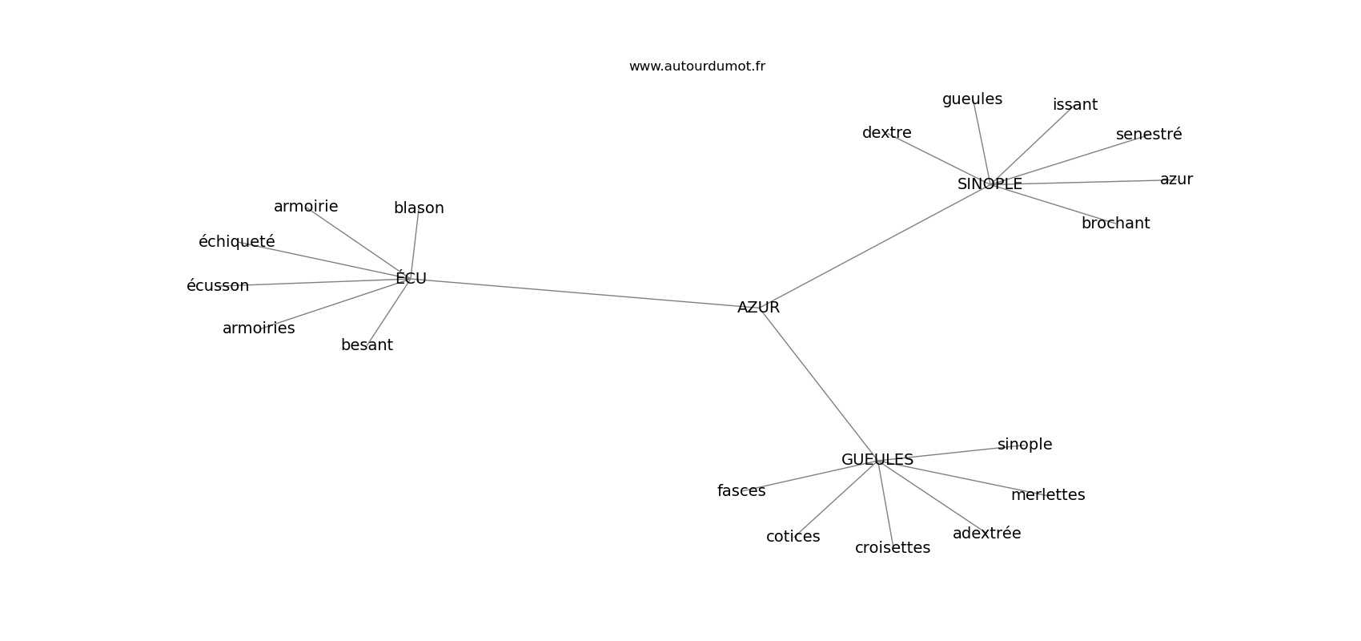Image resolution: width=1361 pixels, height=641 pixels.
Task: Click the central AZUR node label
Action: (x=758, y=308)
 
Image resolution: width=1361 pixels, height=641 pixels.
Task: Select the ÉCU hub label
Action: (x=412, y=278)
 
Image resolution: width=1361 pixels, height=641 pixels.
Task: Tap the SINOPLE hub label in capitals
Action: (x=990, y=183)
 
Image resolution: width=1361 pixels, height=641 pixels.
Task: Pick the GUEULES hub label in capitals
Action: (x=877, y=460)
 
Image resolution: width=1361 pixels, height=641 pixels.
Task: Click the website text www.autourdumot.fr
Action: (x=697, y=67)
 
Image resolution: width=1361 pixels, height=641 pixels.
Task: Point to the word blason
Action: (x=419, y=208)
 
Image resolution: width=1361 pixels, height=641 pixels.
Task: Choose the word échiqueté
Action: (x=237, y=241)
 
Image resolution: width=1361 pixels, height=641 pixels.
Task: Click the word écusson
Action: (x=218, y=285)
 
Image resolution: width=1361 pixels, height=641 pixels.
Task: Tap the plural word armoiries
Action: (x=259, y=329)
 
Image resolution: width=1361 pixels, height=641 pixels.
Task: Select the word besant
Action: (x=367, y=345)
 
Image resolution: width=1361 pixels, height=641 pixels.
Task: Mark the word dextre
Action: (x=886, y=132)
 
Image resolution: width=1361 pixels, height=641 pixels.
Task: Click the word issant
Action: (x=1075, y=105)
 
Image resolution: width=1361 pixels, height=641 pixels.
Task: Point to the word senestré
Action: (x=1149, y=134)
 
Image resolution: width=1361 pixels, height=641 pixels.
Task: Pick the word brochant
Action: (x=1115, y=224)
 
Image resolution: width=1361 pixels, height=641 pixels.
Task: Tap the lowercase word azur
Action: (x=1176, y=179)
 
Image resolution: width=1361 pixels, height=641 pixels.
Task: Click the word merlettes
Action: (x=1048, y=495)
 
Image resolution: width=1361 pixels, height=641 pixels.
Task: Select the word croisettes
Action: (x=893, y=548)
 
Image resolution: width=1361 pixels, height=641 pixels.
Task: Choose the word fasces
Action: (x=741, y=491)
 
